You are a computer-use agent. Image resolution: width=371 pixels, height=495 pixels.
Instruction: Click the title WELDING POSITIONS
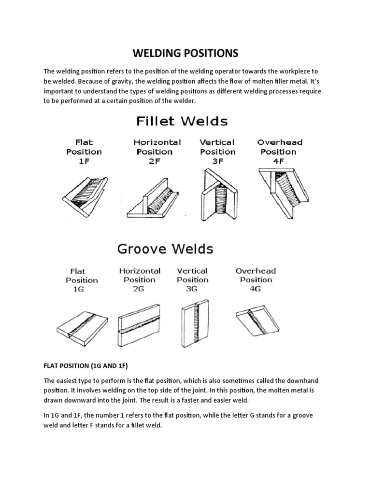185,52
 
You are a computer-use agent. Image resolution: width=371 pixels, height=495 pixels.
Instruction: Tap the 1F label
84,161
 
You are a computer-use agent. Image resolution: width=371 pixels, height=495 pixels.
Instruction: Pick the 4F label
279,161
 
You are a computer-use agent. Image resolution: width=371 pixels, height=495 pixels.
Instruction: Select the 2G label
140,289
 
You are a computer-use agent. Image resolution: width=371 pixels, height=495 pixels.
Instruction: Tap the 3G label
192,289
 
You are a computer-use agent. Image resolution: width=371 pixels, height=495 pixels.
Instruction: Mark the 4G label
256,289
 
